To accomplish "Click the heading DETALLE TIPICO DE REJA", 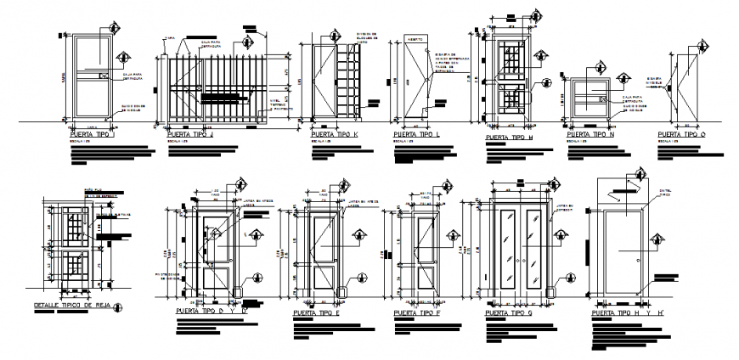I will click(73, 304).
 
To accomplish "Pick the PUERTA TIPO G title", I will click(509, 312).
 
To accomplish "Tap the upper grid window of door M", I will click(510, 61).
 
